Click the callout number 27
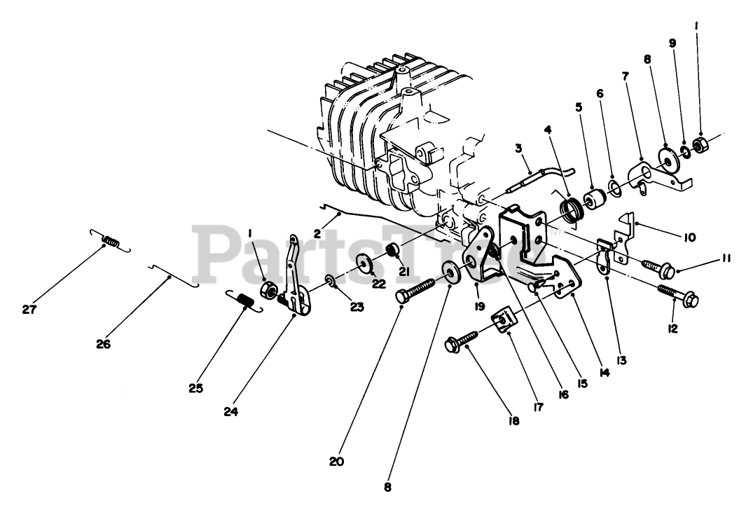click(28, 310)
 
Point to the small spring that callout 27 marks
click(109, 242)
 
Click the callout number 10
click(689, 238)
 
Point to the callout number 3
click(518, 148)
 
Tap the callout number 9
click(672, 43)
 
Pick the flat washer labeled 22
click(365, 263)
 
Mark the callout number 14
click(605, 373)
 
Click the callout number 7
click(624, 74)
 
